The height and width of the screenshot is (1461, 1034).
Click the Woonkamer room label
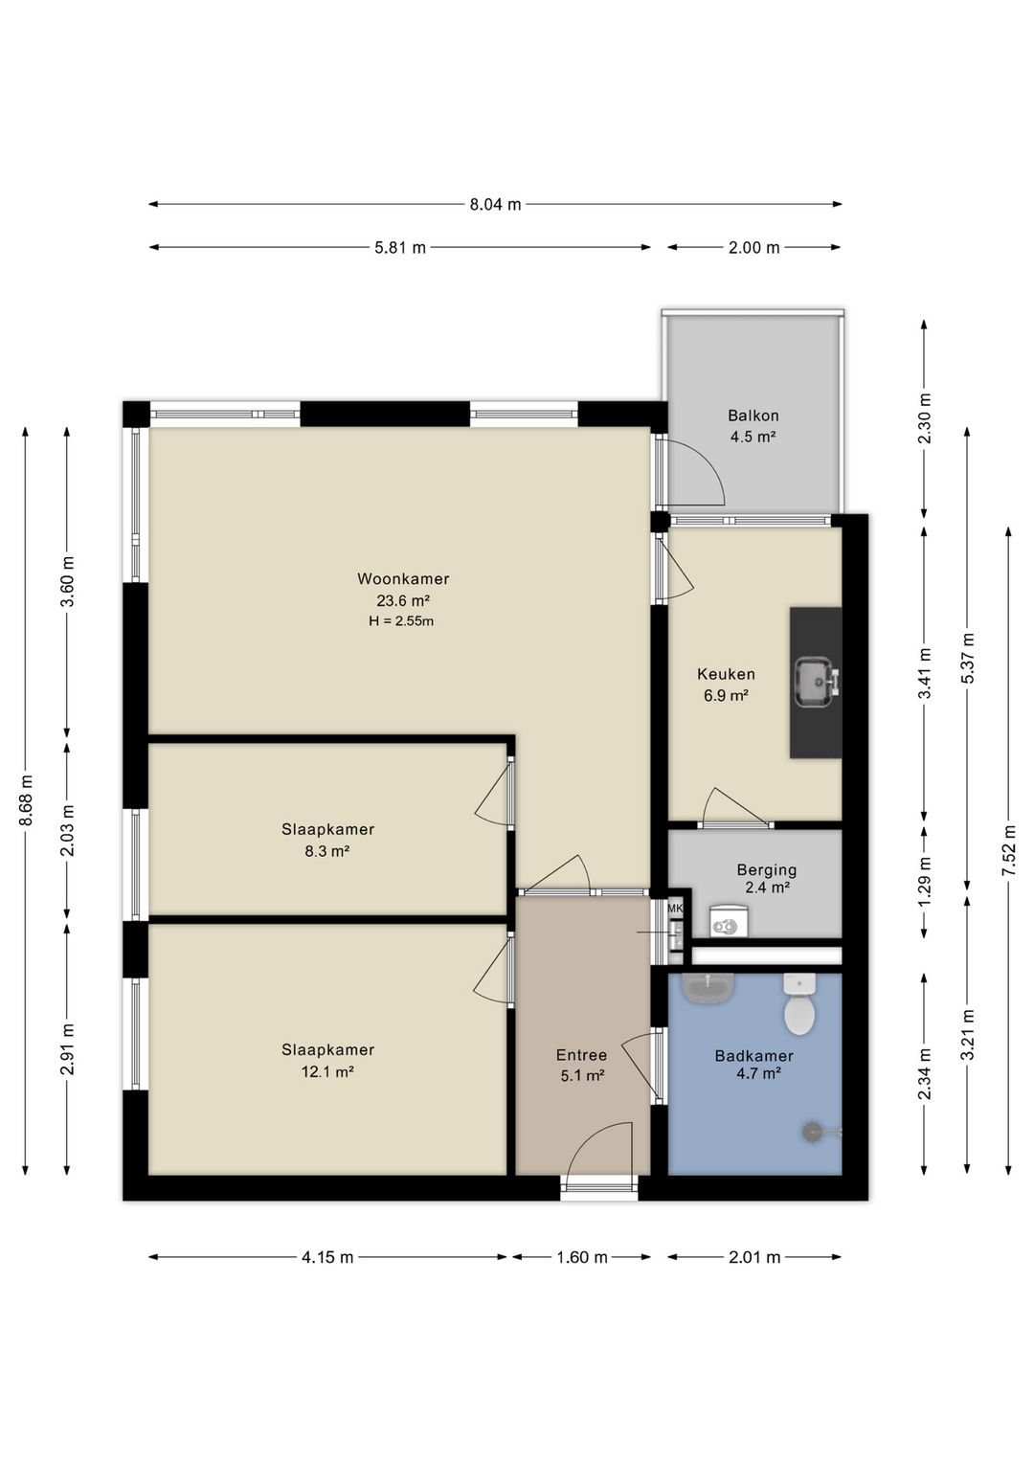pos(403,578)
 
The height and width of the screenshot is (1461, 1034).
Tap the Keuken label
pos(726,674)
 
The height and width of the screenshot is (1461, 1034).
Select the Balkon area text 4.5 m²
pos(753,437)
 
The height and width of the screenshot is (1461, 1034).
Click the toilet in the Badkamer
pos(799,1004)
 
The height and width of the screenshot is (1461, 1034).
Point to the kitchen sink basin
pos(814,683)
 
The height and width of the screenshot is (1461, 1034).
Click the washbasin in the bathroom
pos(708,988)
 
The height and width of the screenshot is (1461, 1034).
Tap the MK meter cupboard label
pos(675,908)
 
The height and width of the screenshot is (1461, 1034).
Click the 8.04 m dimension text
pos(496,204)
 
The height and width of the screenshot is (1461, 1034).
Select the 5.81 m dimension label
pos(400,248)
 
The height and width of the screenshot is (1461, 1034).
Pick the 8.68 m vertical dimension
pos(26,800)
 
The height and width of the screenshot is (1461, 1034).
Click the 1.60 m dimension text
pos(581,1257)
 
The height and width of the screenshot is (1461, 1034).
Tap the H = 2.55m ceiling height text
pos(401,621)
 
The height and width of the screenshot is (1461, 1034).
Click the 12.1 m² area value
pos(327,1071)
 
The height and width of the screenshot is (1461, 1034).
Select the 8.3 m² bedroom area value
pos(327,851)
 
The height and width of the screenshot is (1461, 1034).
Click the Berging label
pos(767,869)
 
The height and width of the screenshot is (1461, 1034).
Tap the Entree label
pos(581,1055)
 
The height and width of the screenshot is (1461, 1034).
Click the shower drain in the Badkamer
pos(812,1131)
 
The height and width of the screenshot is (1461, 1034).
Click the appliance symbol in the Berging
pos(730,921)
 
